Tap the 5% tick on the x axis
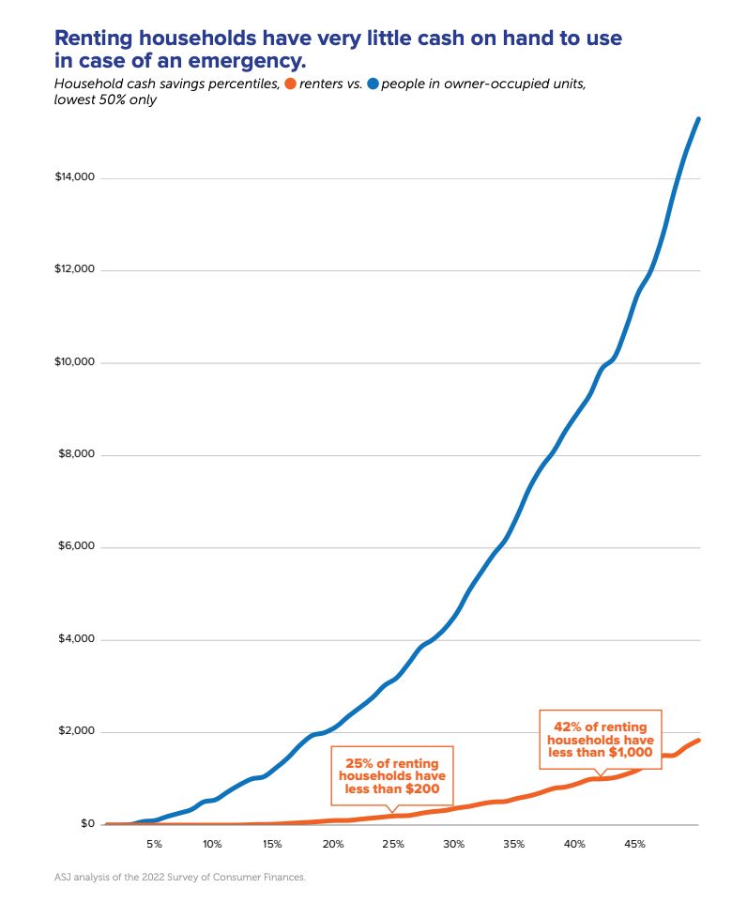154,844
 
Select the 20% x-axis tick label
332,844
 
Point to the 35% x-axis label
513,844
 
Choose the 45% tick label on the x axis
634,844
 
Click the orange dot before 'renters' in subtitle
290,84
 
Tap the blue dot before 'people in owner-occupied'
373,84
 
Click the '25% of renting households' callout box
391,775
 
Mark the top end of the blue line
698,119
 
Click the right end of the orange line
698,741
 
